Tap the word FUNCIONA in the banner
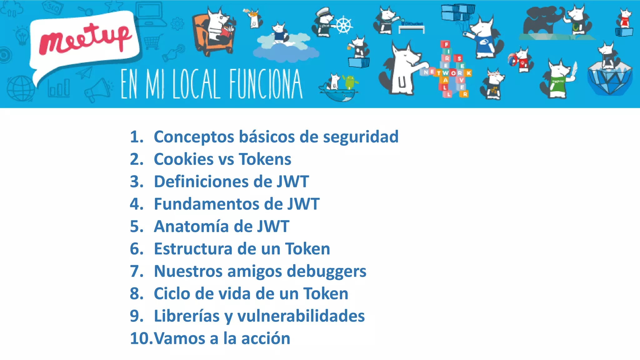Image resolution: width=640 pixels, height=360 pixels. click(266, 84)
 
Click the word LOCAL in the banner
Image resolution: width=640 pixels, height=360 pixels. click(196, 84)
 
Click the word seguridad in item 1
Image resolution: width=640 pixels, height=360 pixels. click(361, 137)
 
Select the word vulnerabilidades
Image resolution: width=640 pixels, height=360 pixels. click(301, 316)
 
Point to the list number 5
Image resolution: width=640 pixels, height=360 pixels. click(136, 227)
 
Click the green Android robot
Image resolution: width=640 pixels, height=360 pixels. click(350, 82)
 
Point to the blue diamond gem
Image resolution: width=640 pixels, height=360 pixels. click(610, 78)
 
